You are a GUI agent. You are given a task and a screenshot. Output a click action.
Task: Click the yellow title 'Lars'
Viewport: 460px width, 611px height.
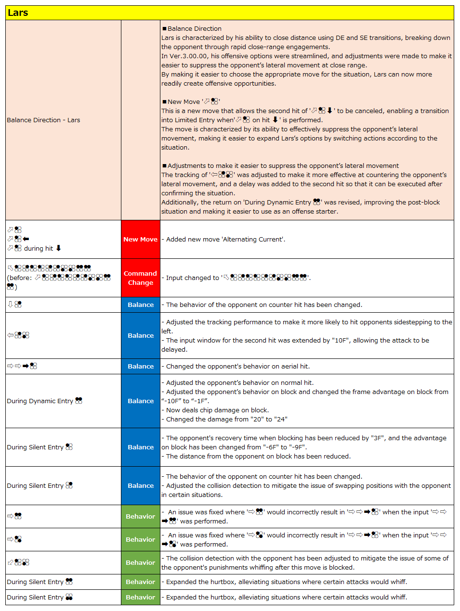coord(18,13)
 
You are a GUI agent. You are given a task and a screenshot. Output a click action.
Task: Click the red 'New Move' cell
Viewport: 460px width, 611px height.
coord(140,239)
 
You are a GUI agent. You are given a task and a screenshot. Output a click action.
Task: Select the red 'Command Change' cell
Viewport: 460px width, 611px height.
coord(140,278)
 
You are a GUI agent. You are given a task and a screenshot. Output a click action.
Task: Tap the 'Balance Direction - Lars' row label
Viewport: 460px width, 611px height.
coord(43,120)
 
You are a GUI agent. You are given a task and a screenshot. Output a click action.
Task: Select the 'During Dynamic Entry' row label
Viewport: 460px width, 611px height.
coord(40,401)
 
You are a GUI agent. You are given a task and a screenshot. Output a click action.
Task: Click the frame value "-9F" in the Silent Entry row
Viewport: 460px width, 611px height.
coord(299,447)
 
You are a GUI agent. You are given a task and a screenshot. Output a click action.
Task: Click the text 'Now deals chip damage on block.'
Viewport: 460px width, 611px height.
coord(217,410)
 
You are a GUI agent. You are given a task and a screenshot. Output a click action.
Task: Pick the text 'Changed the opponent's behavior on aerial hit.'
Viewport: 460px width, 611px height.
coord(237,367)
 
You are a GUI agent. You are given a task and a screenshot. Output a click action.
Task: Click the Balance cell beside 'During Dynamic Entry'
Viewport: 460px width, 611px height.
coord(140,401)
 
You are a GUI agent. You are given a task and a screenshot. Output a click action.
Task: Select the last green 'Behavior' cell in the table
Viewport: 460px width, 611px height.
coord(140,598)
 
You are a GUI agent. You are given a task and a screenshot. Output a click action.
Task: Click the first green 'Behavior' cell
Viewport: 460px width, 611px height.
coord(140,517)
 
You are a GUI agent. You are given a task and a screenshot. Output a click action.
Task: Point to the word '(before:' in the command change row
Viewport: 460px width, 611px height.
coord(19,278)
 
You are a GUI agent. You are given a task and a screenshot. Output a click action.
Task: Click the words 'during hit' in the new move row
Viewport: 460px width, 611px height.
coord(39,249)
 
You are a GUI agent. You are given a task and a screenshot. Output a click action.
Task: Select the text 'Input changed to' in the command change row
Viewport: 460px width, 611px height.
coord(192,278)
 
